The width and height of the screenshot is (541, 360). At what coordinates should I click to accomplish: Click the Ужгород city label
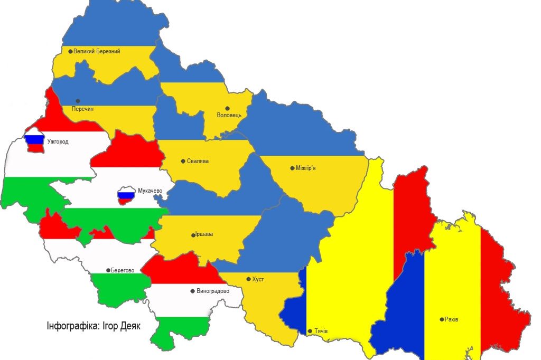tap(58, 141)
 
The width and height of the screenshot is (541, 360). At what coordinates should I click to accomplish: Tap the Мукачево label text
tap(150, 191)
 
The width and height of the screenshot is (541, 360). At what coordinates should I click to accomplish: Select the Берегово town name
tap(123, 270)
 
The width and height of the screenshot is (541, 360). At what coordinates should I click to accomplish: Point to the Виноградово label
tap(212, 291)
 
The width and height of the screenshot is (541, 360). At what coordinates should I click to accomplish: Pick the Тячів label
tap(321, 331)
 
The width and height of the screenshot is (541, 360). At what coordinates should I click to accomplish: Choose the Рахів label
tap(452, 319)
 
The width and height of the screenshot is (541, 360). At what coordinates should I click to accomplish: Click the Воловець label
tap(229, 115)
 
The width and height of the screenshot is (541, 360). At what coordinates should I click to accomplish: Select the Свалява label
tap(198, 161)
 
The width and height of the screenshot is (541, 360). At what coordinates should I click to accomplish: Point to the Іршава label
tap(204, 234)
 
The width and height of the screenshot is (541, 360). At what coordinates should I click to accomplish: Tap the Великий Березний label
tap(97, 51)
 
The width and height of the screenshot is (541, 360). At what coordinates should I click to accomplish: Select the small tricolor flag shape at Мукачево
tap(126, 196)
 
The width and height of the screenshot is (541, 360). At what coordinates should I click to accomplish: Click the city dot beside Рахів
tap(442, 319)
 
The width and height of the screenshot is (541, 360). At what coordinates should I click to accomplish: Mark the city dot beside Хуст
tap(248, 279)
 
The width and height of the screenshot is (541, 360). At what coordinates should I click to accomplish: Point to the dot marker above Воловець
tap(228, 108)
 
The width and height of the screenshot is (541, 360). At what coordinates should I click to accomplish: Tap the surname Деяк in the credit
tap(130, 326)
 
